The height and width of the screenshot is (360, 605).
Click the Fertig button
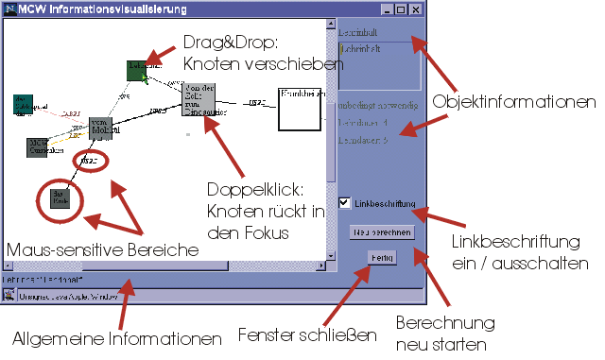pos(383,257)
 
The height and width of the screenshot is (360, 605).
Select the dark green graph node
pos(138,69)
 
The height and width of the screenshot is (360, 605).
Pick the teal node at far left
pos(24,104)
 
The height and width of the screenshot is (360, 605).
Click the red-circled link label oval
pos(91,161)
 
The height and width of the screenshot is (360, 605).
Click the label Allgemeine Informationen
pos(117,338)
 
